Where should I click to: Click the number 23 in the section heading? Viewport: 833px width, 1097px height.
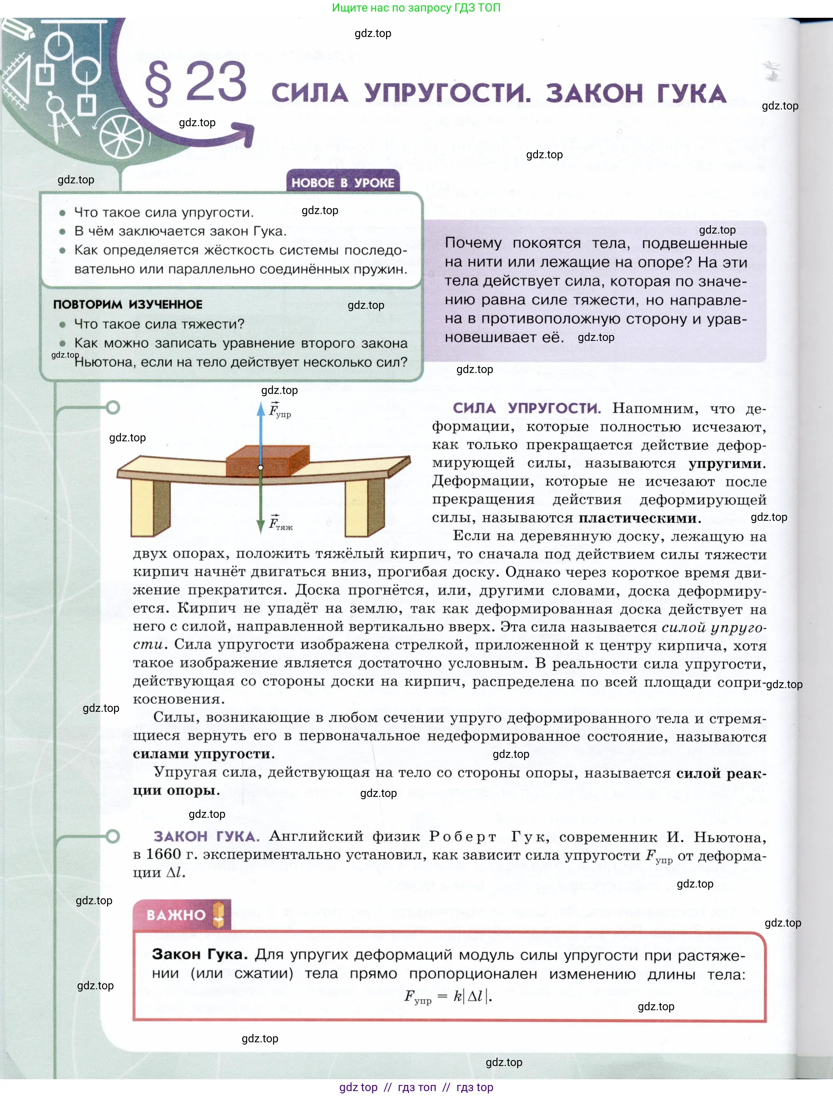(216, 82)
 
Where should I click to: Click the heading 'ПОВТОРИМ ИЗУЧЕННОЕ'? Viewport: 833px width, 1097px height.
(128, 305)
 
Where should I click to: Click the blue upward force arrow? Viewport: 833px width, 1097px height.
(261, 432)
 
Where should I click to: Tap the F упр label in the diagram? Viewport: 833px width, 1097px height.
(280, 411)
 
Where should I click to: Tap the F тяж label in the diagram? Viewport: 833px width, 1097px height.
(281, 524)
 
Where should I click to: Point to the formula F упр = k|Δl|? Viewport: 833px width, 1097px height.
(448, 996)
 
